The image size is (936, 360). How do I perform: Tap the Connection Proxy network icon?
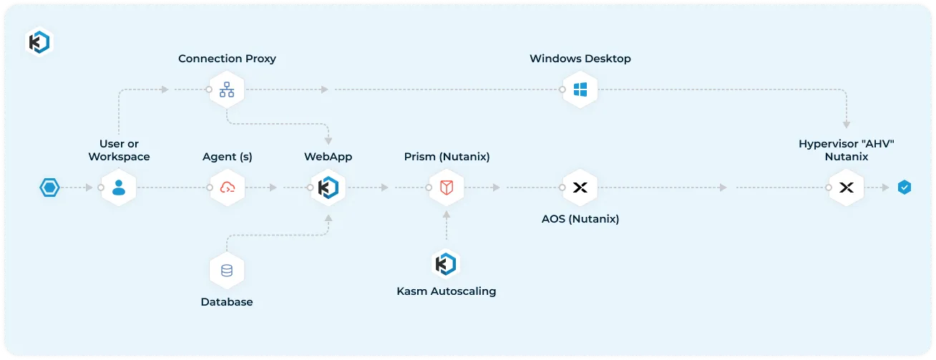click(227, 90)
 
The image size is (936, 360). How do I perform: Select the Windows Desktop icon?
click(580, 90)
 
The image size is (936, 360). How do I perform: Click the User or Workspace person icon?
click(119, 188)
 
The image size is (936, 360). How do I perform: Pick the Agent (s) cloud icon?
click(228, 188)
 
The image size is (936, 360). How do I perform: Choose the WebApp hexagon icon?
click(328, 188)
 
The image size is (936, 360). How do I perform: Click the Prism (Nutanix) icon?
click(447, 188)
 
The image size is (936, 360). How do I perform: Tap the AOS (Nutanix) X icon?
click(580, 188)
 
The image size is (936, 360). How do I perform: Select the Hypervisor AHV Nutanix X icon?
click(847, 188)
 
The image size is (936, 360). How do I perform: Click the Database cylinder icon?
click(227, 271)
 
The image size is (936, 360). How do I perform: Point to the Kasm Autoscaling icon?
click(446, 264)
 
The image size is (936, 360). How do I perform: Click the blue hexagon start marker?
click(49, 188)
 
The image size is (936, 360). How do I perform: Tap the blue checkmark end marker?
click(905, 188)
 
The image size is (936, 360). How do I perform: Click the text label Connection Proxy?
click(227, 59)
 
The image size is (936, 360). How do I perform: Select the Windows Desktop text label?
click(580, 59)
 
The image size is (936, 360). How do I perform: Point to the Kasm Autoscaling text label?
click(446, 291)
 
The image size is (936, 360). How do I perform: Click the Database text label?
click(227, 302)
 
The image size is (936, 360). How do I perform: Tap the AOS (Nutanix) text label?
click(580, 219)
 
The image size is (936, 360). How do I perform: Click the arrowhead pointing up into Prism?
click(447, 214)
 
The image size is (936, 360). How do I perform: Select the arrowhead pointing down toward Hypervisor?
click(847, 125)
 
